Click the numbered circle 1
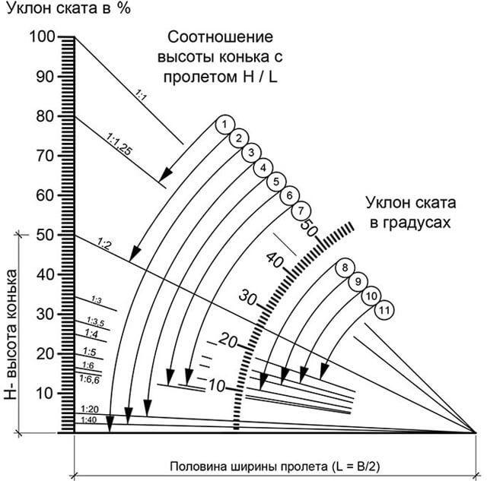tap(225, 125)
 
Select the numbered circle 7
tap(301, 211)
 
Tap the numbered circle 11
tap(384, 310)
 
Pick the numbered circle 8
tap(345, 267)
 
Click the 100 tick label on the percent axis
tap(43, 36)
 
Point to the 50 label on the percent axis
tap(46, 235)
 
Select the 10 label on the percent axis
tap(46, 394)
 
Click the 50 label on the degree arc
tap(308, 227)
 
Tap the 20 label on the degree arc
tap(228, 341)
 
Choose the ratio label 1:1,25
tap(119, 144)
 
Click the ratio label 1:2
tap(103, 244)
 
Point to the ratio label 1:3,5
tap(95, 322)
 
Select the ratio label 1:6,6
tap(90, 379)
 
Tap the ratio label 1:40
tap(89, 420)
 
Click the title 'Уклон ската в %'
tap(68, 8)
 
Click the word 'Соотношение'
tap(220, 37)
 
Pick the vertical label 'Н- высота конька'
tap(11, 334)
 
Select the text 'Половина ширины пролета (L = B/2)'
tap(275, 467)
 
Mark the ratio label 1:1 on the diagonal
tap(141, 95)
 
